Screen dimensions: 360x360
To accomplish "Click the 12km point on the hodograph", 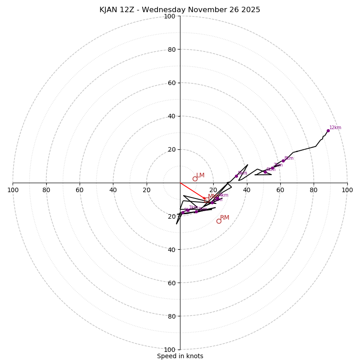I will [x=328, y=130].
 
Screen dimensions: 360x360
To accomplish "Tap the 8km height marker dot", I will [x=283, y=161].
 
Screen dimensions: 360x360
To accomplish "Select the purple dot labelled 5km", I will [x=236, y=176].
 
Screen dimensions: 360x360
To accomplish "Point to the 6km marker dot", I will [x=265, y=172].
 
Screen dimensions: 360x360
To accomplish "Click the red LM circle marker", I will [x=195, y=179].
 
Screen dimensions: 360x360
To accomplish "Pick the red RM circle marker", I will [x=219, y=221].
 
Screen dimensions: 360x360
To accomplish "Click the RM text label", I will [x=225, y=218].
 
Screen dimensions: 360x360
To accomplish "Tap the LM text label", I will [x=200, y=175].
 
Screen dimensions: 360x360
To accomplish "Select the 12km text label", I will [x=335, y=128].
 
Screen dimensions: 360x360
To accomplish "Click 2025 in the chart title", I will [x=251, y=10].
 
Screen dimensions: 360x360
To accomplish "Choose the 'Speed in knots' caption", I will [x=180, y=356].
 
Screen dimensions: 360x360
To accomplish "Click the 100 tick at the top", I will [x=170, y=17].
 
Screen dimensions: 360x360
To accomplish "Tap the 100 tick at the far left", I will [x=13, y=190].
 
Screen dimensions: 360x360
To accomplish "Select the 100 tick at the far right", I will [x=347, y=190].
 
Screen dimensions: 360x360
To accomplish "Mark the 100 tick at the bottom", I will [x=170, y=350].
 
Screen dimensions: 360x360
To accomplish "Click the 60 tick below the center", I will [x=171, y=283].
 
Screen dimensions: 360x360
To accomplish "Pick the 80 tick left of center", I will [x=46, y=190].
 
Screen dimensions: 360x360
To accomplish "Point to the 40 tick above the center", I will [x=171, y=116].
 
